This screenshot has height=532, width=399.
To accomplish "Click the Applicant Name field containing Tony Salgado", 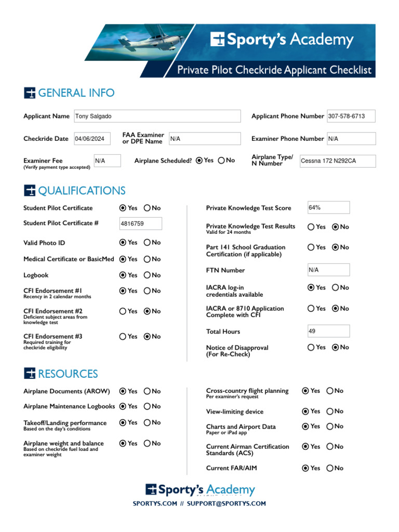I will click(157, 116).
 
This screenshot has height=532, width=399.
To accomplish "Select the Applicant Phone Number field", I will click(351, 116).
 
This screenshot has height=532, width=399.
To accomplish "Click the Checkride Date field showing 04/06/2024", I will click(92, 139).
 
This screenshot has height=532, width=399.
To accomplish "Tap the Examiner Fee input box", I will click(107, 161).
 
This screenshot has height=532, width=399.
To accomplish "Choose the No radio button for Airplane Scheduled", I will click(222, 161).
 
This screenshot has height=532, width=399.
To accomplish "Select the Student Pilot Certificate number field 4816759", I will click(140, 223).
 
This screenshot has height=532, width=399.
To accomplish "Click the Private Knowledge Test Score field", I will click(328, 208).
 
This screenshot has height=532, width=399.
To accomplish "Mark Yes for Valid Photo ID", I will click(123, 243).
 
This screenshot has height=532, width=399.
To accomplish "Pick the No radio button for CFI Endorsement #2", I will click(147, 311).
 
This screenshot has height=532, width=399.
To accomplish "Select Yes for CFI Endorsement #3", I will click(123, 337).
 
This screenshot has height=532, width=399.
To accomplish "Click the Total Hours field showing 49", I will click(328, 331).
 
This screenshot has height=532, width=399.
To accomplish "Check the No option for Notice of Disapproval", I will click(335, 348).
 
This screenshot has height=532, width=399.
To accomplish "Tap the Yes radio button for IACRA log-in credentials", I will click(311, 287).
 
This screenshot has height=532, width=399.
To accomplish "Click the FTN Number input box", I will click(328, 270).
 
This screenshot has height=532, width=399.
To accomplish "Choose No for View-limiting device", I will click(330, 411).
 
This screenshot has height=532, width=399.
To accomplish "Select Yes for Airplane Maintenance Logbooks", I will click(123, 406).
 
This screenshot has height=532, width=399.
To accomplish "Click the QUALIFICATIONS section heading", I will click(82, 191).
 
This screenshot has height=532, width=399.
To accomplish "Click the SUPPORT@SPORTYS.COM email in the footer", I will click(227, 503).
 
